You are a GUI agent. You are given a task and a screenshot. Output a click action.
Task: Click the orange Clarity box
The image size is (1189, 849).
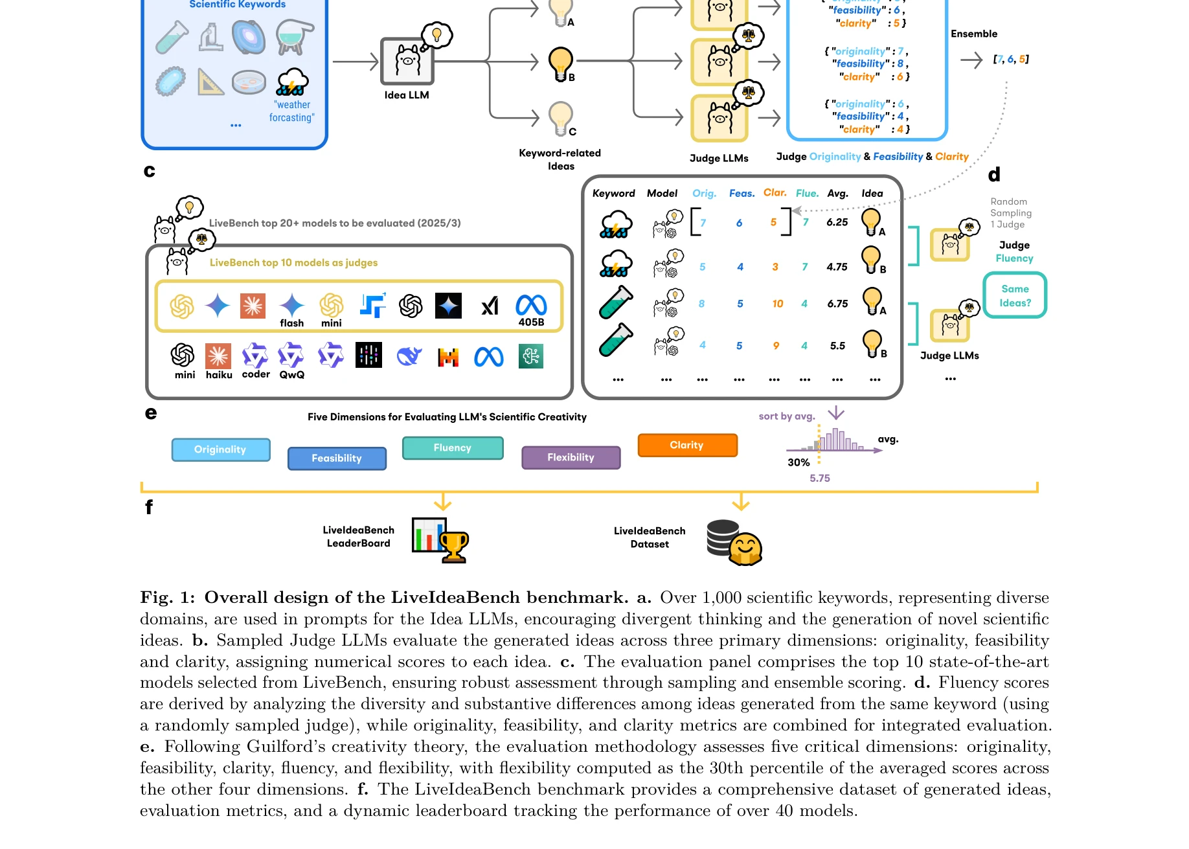click(687, 446)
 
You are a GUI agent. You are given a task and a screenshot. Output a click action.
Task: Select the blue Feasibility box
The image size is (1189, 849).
click(337, 458)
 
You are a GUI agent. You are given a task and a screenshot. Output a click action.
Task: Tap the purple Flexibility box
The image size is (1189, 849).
click(571, 458)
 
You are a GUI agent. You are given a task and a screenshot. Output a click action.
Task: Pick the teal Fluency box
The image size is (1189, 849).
click(452, 448)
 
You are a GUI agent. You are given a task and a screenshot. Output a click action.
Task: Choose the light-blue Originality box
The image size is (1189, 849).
click(220, 449)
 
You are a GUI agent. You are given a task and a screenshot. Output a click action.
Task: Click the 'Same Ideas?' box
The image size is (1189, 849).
click(1015, 296)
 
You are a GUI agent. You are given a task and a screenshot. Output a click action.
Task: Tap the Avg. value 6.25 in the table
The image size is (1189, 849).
click(837, 222)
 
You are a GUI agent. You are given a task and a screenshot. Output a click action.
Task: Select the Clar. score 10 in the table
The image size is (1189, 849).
click(777, 304)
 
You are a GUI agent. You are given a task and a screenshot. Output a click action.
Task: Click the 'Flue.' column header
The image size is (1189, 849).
click(807, 194)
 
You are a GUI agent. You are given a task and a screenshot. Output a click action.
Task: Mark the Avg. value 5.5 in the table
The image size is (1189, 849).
click(837, 346)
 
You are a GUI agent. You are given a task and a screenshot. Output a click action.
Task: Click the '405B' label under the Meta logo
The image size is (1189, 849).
click(531, 323)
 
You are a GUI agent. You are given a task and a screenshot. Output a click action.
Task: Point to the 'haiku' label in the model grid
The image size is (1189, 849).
click(219, 375)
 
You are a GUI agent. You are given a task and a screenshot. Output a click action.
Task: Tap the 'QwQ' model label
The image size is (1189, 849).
click(291, 375)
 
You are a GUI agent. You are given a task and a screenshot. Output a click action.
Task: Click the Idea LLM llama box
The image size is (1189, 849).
click(407, 62)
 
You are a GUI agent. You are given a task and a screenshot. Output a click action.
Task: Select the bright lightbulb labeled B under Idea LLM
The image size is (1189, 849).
click(560, 63)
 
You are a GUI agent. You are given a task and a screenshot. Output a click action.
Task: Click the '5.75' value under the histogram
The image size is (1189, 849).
click(819, 479)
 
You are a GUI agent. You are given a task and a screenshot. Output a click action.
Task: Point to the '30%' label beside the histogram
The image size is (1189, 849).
click(798, 462)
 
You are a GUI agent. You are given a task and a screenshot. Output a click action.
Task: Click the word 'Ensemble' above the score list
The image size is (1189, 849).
click(973, 34)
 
